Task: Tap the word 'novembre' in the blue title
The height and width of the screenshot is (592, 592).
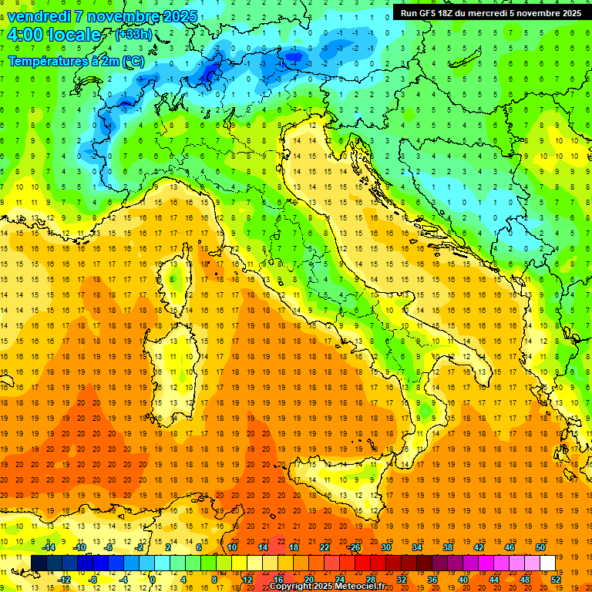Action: (x=127, y=16)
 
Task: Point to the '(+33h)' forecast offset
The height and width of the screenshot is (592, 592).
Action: (x=133, y=35)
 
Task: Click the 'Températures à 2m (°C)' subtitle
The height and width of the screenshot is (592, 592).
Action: (x=76, y=60)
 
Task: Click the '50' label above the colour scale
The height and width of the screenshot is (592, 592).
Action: (x=540, y=547)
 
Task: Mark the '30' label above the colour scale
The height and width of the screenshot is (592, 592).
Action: (x=385, y=547)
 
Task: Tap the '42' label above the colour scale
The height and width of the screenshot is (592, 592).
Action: (x=478, y=547)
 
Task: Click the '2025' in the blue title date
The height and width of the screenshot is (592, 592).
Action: (x=178, y=16)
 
